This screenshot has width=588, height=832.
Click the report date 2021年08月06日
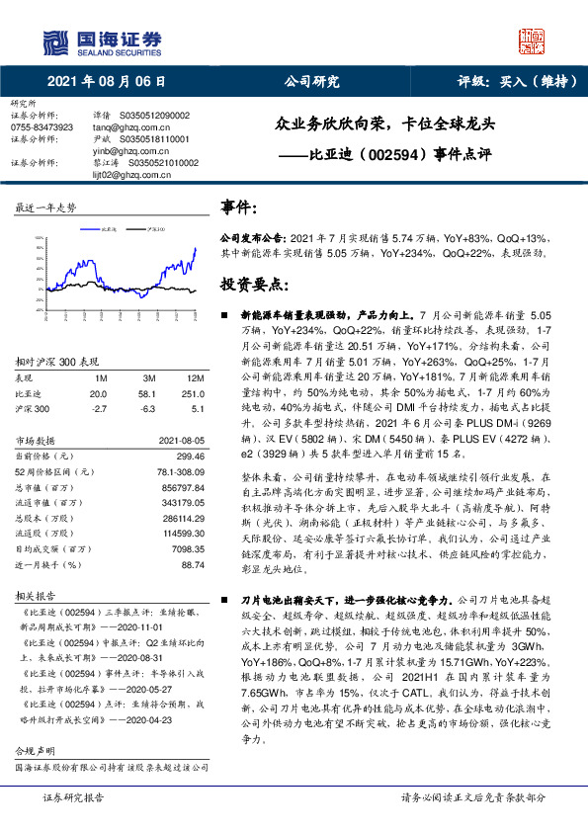click(105, 82)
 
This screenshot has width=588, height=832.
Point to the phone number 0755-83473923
click(42, 127)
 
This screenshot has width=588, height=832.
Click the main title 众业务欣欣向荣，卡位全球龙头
click(390, 125)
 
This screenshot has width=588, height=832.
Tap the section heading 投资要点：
click(254, 284)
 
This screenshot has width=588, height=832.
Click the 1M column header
click(100, 378)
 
